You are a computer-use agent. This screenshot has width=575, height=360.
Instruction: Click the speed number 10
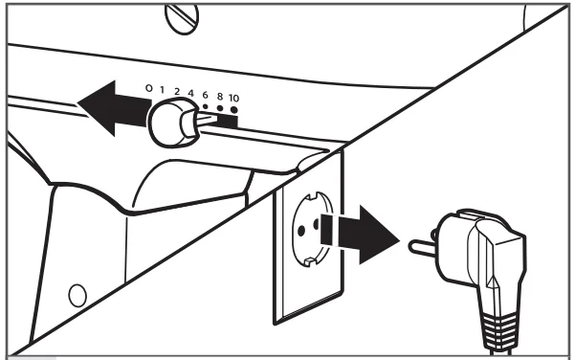[x=233, y=99]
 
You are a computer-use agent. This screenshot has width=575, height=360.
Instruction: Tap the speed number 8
[x=220, y=97]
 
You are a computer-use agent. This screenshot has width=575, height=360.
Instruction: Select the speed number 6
[x=205, y=95]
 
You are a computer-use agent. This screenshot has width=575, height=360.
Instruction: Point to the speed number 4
[x=190, y=93]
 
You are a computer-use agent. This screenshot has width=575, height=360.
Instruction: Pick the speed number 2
[x=177, y=91]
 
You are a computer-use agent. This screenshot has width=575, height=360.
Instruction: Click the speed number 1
[x=162, y=90]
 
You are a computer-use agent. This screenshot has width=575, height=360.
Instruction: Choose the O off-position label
[x=149, y=88]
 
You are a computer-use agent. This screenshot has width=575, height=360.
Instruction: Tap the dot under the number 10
[x=234, y=110]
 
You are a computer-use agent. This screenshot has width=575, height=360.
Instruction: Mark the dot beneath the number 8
[x=220, y=108]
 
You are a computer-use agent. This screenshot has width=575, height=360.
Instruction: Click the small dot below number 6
[x=206, y=107]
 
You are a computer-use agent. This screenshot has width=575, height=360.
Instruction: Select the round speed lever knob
[x=173, y=123]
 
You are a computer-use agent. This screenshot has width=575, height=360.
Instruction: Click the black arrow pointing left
[x=115, y=108]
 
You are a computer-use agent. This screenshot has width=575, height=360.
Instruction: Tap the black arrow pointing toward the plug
[x=360, y=235]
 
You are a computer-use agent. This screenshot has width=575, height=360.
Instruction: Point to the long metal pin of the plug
[x=423, y=247]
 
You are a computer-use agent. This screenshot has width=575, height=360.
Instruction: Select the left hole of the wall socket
[x=301, y=231]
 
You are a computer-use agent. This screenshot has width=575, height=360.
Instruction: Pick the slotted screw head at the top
[x=182, y=19]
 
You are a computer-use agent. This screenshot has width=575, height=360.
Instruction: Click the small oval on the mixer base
[x=77, y=296]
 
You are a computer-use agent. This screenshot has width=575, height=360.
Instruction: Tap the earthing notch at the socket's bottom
[x=309, y=261]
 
